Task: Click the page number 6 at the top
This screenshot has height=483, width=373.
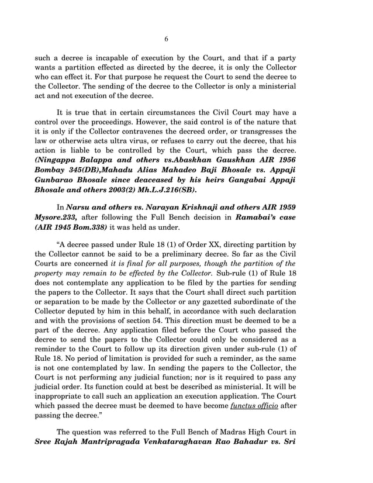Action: coord(166,39)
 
